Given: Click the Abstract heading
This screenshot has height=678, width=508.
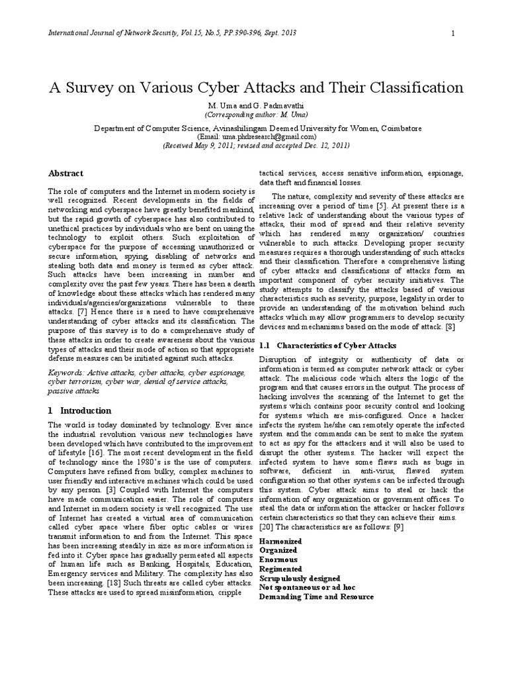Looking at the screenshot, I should [x=67, y=173].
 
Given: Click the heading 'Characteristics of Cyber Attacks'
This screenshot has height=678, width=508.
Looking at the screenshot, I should [x=336, y=345].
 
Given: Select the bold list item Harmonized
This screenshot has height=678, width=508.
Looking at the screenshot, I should [x=281, y=541].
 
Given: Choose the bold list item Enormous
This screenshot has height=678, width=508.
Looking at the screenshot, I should [x=278, y=559].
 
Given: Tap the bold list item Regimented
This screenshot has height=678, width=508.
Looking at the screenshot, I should [x=280, y=569].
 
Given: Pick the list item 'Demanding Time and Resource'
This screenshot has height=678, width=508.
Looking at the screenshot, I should [x=316, y=597].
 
